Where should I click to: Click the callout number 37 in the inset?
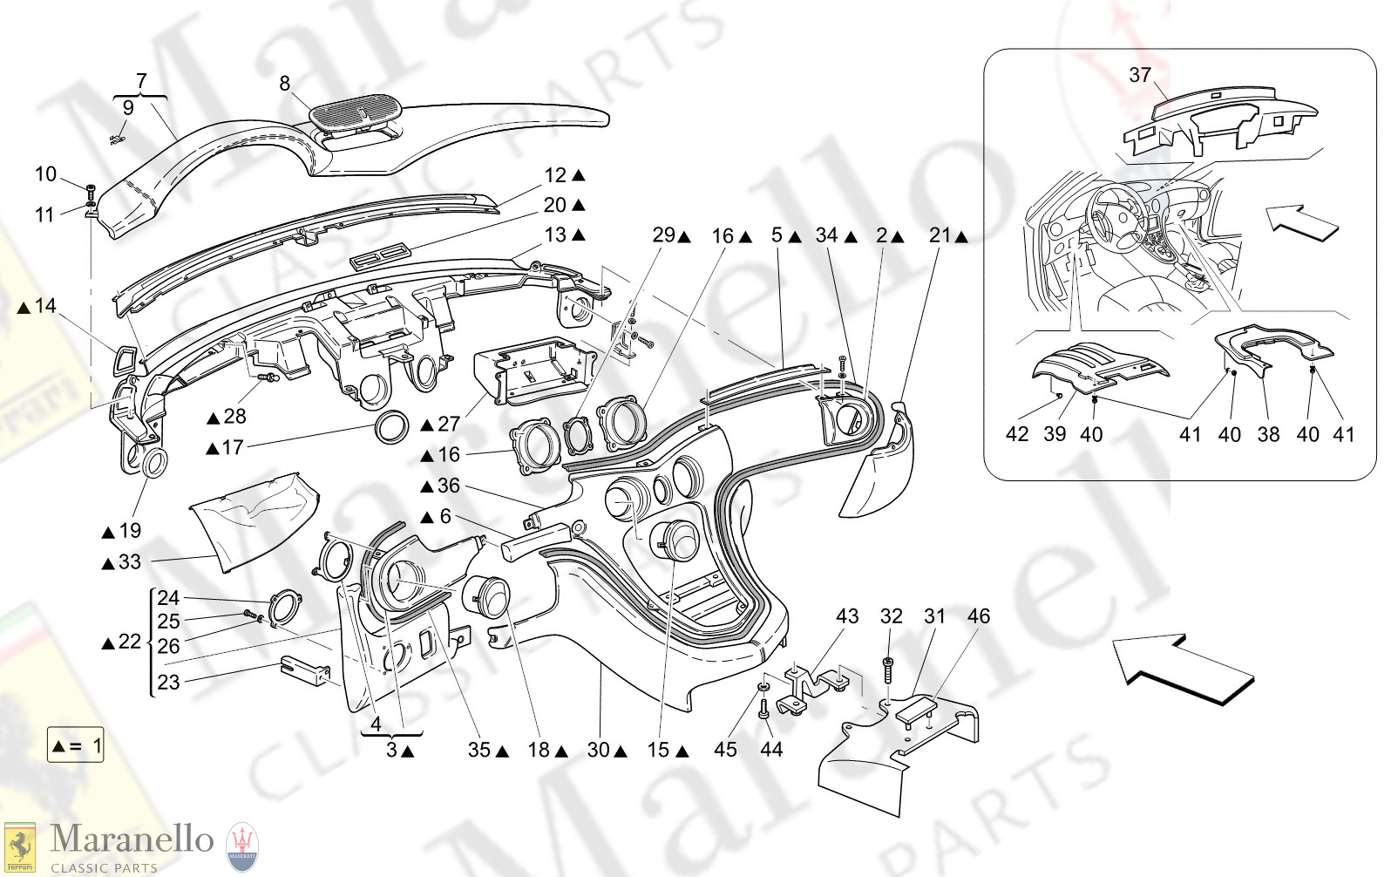point(1139,76)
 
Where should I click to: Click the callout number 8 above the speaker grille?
point(284,84)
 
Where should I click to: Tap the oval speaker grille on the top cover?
point(356,113)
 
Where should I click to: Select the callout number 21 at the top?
point(940,235)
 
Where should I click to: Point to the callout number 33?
point(129,562)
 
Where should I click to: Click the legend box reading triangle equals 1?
point(76,746)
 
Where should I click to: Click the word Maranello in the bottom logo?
point(132,839)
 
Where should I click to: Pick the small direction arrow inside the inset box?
point(1301,222)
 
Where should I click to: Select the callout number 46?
point(978,616)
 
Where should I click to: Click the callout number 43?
point(847,616)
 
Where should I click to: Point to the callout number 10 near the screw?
point(45,174)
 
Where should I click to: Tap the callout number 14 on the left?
point(45,306)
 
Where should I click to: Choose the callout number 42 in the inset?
point(1017,434)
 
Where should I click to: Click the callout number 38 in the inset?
point(1268,434)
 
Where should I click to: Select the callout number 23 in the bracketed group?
point(168,683)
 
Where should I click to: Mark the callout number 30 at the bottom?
point(598,750)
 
